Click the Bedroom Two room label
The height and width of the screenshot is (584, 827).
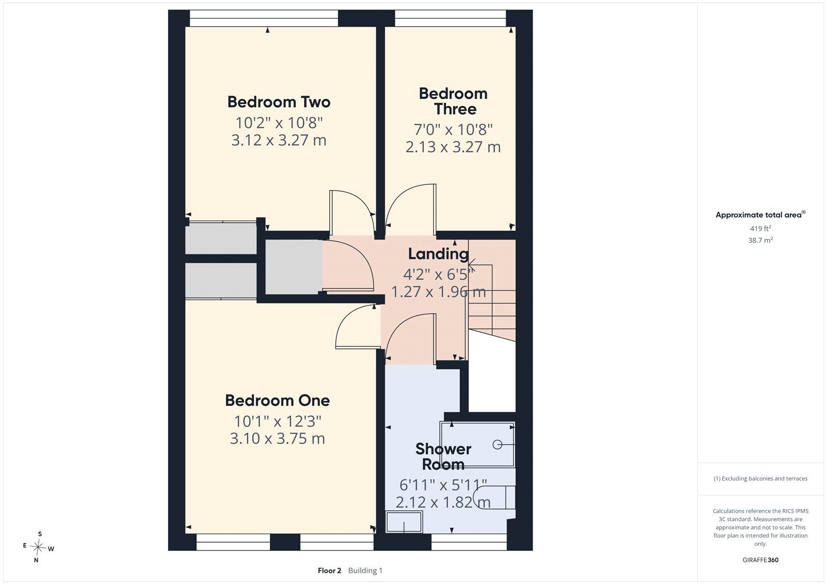279,102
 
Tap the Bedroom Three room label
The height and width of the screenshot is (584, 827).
453,101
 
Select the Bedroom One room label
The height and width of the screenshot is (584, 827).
277,401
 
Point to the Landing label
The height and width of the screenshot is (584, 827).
438,254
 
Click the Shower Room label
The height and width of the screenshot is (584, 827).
443,457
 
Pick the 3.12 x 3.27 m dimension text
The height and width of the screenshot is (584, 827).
279,140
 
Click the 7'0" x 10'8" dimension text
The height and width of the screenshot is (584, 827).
453,130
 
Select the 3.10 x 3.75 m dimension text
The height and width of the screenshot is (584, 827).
277,439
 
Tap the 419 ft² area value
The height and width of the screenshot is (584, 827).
760,228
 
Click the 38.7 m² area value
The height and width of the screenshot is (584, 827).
760,240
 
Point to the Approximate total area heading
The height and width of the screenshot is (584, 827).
760,215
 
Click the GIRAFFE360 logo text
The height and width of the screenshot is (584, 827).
760,560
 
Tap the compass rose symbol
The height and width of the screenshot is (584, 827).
38,547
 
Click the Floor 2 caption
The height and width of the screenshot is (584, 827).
329,571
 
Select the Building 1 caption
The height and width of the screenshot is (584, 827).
365,571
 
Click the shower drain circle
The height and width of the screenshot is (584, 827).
497,445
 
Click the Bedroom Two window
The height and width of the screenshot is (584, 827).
264,18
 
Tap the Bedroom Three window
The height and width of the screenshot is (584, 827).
450,18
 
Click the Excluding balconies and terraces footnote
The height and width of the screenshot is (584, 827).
760,479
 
